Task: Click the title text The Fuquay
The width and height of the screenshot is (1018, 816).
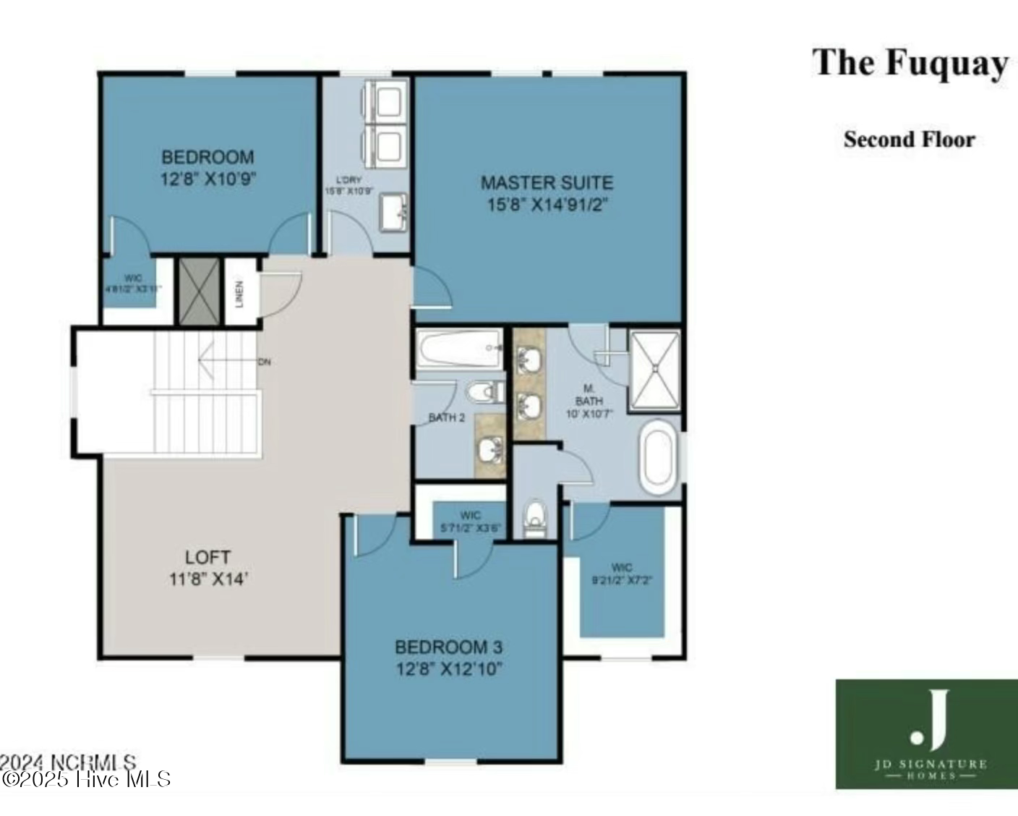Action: [x=910, y=64]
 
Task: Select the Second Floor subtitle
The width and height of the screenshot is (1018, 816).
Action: [x=909, y=139]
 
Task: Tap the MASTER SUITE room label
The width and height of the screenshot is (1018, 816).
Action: [x=547, y=182]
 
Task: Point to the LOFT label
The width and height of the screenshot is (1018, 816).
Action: [x=208, y=557]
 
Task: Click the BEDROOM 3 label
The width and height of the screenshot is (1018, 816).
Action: [x=448, y=647]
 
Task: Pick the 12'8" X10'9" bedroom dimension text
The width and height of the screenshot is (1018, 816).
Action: [x=208, y=179]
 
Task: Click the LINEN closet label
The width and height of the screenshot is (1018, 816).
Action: [x=239, y=293]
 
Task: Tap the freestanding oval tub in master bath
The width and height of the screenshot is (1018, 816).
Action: [x=659, y=459]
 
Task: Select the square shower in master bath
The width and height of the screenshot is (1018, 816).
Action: [x=654, y=370]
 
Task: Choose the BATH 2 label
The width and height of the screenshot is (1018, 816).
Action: [x=446, y=417]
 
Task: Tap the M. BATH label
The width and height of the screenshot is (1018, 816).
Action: [x=589, y=395]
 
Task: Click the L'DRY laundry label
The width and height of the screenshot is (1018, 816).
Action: [x=348, y=180]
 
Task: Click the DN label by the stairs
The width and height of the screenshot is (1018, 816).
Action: [x=265, y=362]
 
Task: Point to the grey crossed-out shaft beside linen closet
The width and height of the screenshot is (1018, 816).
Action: [x=199, y=292]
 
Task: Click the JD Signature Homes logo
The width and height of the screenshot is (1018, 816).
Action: [x=927, y=734]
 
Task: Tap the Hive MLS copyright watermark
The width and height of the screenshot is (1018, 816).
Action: [x=87, y=779]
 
